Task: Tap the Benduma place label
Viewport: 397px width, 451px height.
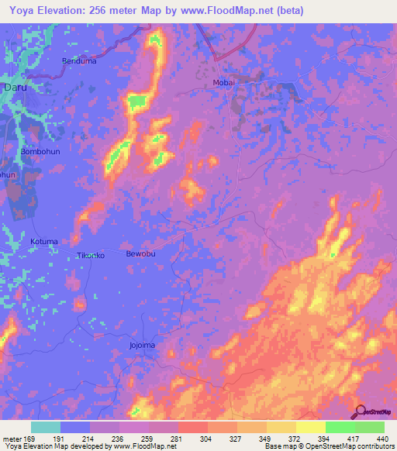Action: pyautogui.click(x=78, y=60)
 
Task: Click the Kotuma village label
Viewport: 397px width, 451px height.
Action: pyautogui.click(x=44, y=242)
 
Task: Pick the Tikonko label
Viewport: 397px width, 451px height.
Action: pyautogui.click(x=90, y=256)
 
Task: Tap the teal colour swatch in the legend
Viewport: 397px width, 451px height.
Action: pyautogui.click(x=46, y=427)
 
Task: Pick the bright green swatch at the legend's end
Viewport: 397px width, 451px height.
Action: pyautogui.click(x=369, y=427)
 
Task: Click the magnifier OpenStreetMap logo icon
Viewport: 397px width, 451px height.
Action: pyautogui.click(x=361, y=411)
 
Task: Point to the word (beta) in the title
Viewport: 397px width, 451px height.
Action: pyautogui.click(x=287, y=10)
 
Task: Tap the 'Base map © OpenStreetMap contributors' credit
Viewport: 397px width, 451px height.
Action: pyautogui.click(x=328, y=446)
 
